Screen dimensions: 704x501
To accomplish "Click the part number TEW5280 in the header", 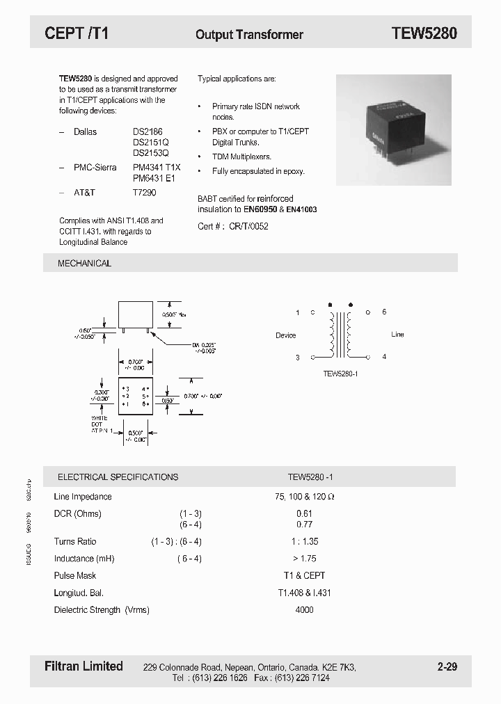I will coord(424,33).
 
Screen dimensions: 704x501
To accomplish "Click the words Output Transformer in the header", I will coord(249,34).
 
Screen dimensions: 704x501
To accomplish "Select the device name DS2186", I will coord(148,131).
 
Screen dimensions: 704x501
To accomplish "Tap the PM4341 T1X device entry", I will coord(157,168).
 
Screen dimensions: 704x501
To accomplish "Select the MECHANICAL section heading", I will coord(84,264).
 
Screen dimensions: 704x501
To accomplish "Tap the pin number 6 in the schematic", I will coord(384,312).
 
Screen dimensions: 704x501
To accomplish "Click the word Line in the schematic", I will coord(397,335).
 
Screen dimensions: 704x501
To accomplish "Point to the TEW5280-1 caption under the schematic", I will coord(340,374).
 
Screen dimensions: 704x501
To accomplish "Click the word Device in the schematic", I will coord(285,335).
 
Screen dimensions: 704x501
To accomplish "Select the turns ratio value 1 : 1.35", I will coord(304,541).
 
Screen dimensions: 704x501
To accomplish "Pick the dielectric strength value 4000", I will coord(305,609).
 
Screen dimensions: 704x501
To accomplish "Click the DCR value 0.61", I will coord(305,513).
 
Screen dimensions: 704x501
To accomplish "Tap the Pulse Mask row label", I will coord(75,575).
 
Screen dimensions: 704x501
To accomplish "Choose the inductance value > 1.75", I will coord(305,559).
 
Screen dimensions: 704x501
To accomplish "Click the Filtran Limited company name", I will coord(83,666).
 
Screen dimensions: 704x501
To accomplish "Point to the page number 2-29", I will coord(447,667).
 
